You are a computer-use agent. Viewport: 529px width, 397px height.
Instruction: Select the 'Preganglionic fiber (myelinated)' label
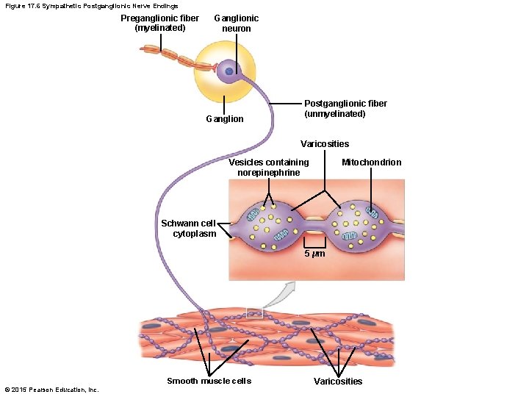pos(159,24)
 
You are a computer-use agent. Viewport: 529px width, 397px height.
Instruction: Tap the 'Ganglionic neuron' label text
pos(236,24)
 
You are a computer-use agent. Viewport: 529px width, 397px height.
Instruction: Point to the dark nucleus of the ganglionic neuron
pos(229,71)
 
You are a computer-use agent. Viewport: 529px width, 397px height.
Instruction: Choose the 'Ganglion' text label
pos(225,119)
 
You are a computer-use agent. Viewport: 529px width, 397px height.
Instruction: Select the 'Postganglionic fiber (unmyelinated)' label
pos(345,109)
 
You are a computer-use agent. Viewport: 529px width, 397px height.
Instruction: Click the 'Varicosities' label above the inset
pos(325,144)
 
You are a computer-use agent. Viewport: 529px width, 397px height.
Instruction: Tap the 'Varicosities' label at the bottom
pos(338,382)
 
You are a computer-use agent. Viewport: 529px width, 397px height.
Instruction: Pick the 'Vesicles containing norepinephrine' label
pos(268,167)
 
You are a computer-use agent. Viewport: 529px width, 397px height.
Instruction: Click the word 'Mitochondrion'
pos(372,162)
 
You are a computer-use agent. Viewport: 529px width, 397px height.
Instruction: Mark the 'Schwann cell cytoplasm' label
pos(189,229)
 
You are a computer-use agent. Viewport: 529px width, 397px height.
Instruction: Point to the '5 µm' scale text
pos(315,254)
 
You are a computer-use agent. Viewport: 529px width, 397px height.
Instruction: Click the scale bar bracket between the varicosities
pos(315,243)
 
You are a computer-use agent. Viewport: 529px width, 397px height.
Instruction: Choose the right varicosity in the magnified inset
pos(356,224)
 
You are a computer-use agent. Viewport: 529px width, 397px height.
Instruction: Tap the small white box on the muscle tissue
pos(254,312)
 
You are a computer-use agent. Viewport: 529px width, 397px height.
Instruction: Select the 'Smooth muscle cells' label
pos(209,381)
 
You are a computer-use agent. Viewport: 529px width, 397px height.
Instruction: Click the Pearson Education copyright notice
pos(51,390)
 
